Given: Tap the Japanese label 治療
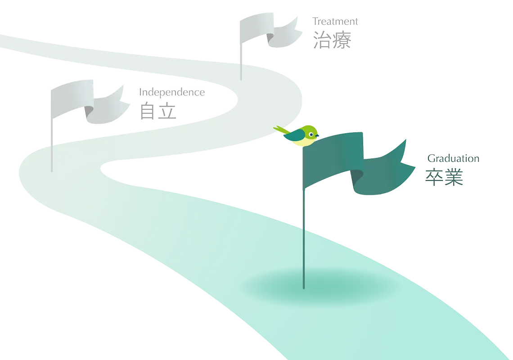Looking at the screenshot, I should point(332,40).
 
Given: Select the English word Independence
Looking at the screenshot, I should point(172,93).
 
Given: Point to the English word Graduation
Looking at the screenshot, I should point(453,158).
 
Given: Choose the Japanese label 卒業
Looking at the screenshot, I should point(444,178).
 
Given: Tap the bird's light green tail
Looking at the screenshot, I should point(280,130).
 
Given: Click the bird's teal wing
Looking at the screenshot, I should point(297,135).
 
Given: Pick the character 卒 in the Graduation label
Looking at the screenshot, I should point(434,178).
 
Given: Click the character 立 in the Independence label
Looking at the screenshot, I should point(167,111).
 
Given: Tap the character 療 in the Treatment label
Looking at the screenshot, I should point(342,40).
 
